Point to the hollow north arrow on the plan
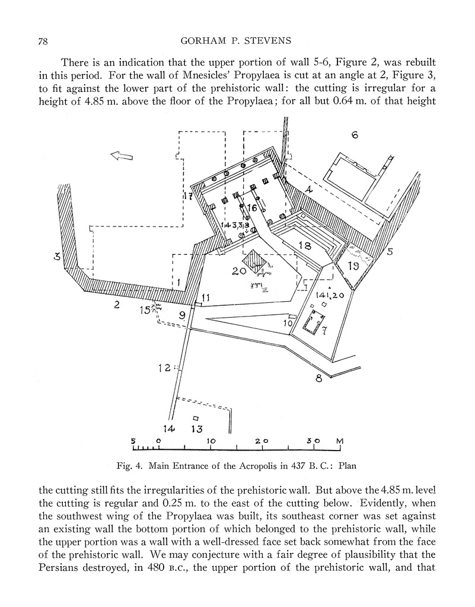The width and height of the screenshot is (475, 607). point(122,156)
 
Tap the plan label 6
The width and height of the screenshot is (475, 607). point(355,135)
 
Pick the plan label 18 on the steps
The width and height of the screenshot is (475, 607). point(305,245)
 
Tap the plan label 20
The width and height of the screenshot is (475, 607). point(239,271)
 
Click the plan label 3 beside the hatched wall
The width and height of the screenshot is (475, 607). point(58,257)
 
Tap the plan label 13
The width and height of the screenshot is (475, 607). point(196,429)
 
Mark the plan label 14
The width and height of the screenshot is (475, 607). point(169,428)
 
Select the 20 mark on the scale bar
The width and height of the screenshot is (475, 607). point(262,442)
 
